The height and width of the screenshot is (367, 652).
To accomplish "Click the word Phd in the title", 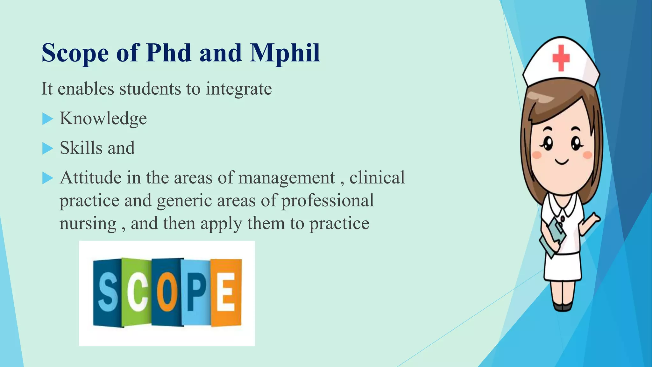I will coord(169,53).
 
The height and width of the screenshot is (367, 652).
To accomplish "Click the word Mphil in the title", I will coord(285,53).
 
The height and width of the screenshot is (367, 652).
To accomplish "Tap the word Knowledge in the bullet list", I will coord(103,119).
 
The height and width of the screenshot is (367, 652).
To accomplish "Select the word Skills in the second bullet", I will coord(81,148).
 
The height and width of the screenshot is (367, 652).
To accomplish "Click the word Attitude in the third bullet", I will coord(90,177).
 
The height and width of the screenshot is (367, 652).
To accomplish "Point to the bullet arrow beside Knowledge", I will coord(47,119).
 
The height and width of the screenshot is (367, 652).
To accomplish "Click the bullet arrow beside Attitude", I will coord(47,178).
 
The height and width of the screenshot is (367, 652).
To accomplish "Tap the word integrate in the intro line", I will coord(239,89).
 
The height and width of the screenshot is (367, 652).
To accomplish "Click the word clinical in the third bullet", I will coord(377,177).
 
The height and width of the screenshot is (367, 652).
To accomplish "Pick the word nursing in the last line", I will coord(88,223).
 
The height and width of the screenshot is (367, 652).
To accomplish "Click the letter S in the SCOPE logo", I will coord(107,292).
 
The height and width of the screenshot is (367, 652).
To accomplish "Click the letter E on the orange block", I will coord(226,292).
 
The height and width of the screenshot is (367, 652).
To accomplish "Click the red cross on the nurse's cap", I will coord(561,58).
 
